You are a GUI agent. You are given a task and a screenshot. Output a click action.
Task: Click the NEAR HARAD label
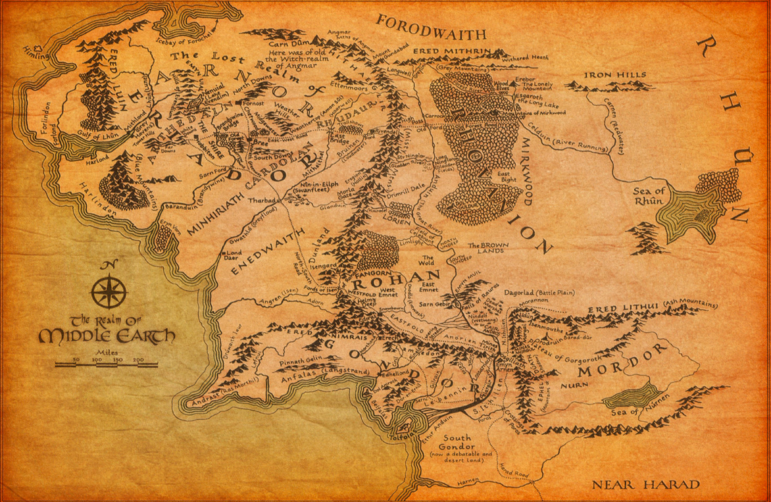tap(645, 486)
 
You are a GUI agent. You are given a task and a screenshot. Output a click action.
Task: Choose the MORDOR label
tap(618, 362)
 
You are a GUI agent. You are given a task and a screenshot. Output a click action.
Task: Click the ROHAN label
tap(407, 276)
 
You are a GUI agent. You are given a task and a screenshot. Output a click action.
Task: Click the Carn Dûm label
tap(303, 38)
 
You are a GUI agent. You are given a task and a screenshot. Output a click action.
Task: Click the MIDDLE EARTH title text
tap(107, 337)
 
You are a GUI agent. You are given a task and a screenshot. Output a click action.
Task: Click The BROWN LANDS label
tap(485, 249)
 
